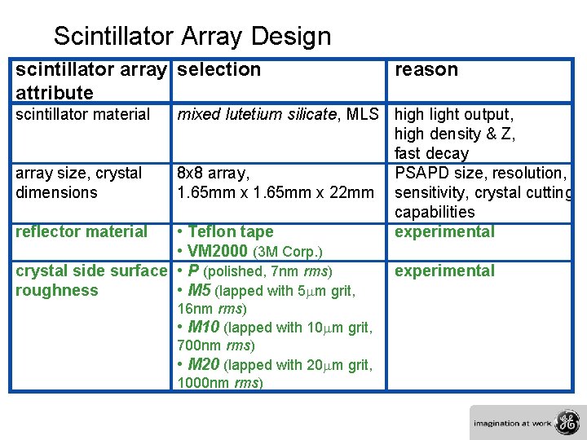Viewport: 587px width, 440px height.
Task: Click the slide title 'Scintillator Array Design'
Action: (192, 37)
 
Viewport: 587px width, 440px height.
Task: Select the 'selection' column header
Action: (219, 70)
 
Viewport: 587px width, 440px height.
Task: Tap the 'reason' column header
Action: (426, 70)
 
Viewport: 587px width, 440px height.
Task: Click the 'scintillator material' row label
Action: (83, 115)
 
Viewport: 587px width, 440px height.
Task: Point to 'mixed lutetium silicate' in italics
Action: (258, 115)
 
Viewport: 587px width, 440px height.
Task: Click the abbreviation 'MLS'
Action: (363, 115)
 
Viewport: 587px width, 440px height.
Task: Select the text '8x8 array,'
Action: (214, 174)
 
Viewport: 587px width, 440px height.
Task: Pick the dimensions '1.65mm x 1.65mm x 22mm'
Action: (275, 193)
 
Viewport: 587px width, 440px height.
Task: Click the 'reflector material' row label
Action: (82, 232)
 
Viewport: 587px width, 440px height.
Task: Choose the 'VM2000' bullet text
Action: (218, 252)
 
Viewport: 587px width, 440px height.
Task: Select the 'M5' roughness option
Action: (200, 291)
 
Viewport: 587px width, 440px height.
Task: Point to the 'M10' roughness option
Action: (204, 328)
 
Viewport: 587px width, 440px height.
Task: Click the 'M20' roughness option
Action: (204, 365)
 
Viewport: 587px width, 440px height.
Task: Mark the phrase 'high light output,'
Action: (454, 115)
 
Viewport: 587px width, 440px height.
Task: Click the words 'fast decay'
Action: (431, 154)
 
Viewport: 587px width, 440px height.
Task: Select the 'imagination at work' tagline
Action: (513, 424)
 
